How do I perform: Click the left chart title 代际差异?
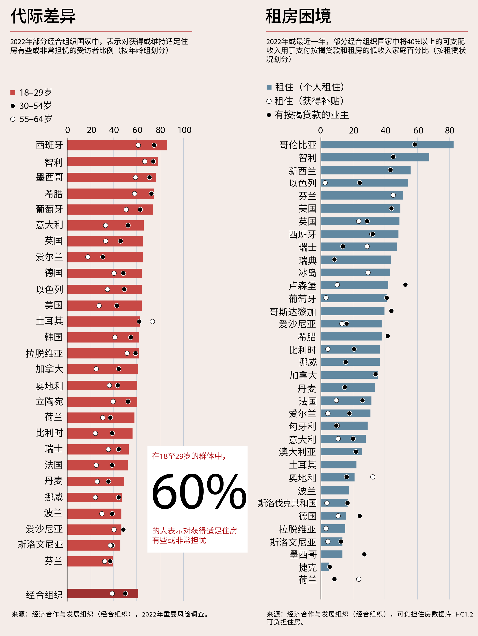click(x=43, y=16)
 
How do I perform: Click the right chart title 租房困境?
click(x=298, y=16)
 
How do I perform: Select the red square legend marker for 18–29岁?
click(x=13, y=92)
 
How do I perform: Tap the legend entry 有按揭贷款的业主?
click(x=311, y=115)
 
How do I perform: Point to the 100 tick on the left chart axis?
click(x=185, y=130)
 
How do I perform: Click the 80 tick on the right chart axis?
click(x=450, y=131)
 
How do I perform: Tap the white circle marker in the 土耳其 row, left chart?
click(x=152, y=321)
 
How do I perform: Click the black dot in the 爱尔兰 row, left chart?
click(x=103, y=257)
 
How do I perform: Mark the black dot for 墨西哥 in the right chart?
click(x=364, y=554)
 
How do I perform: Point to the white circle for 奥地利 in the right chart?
click(x=373, y=477)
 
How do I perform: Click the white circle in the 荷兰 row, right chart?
click(x=358, y=579)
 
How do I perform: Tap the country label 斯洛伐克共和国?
click(x=287, y=503)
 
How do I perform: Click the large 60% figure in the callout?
click(x=199, y=492)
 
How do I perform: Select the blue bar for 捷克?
click(x=325, y=567)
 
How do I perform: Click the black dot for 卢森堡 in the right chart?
click(x=405, y=285)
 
